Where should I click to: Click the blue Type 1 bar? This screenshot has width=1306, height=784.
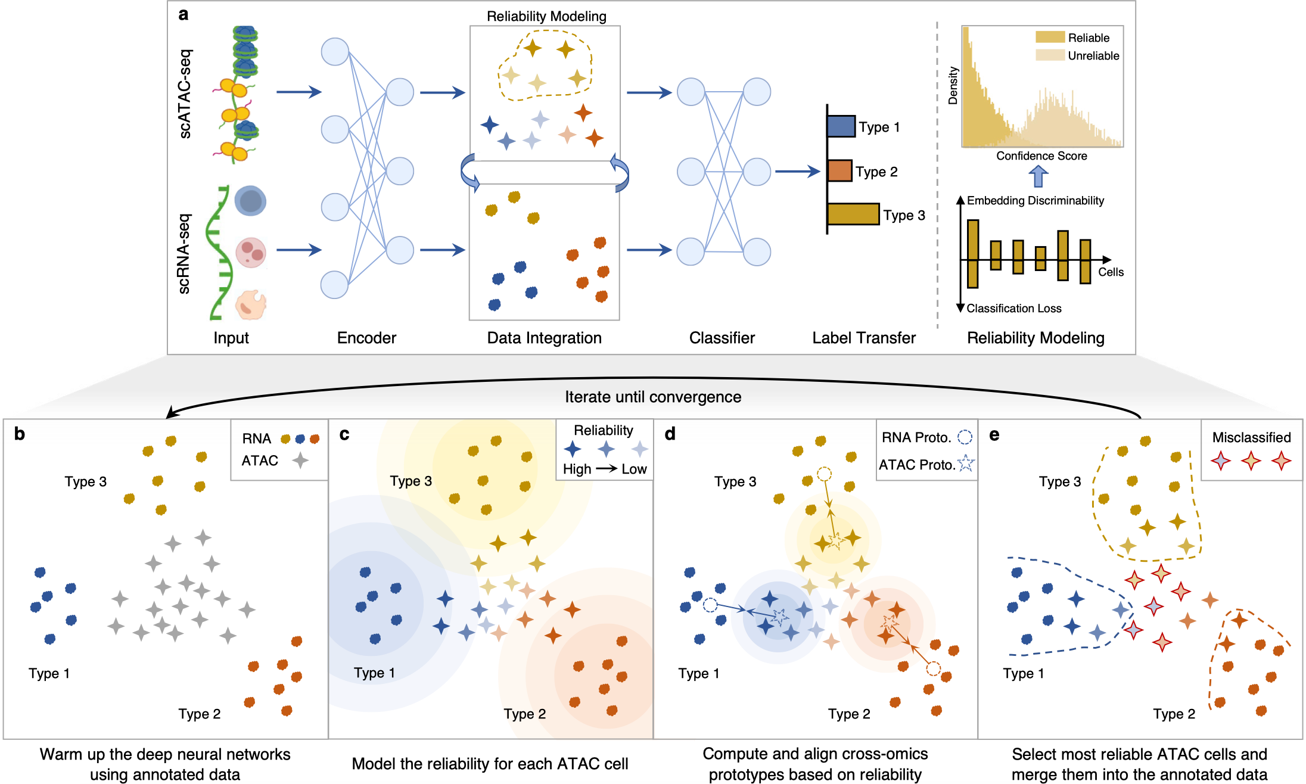point(841,126)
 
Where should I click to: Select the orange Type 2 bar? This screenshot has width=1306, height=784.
point(840,170)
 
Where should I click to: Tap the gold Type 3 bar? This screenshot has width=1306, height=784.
point(853,214)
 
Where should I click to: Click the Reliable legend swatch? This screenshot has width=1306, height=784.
point(1050,37)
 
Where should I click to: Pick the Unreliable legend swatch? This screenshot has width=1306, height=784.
point(1050,55)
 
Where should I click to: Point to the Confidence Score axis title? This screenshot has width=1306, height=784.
point(1041,155)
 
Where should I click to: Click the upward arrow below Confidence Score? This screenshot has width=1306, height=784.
point(1038,176)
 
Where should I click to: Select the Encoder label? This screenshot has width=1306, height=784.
point(366,338)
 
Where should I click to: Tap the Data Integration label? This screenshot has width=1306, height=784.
point(544,338)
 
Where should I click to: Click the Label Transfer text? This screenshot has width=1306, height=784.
point(864,338)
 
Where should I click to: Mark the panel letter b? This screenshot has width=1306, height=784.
point(20,434)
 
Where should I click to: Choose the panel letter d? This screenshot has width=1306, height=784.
point(670,434)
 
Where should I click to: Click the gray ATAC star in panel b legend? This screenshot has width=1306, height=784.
point(300,460)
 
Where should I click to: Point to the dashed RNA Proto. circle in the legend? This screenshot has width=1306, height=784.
point(965,437)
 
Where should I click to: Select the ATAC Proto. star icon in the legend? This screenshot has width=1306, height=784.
point(966,463)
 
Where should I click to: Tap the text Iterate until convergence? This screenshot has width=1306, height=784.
point(653,397)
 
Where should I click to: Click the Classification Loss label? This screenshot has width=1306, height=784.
point(1014,308)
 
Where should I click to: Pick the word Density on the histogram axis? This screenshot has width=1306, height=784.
point(953,85)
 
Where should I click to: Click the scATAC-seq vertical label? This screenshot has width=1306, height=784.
point(185,94)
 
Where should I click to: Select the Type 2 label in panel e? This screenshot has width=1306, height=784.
point(1174,714)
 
